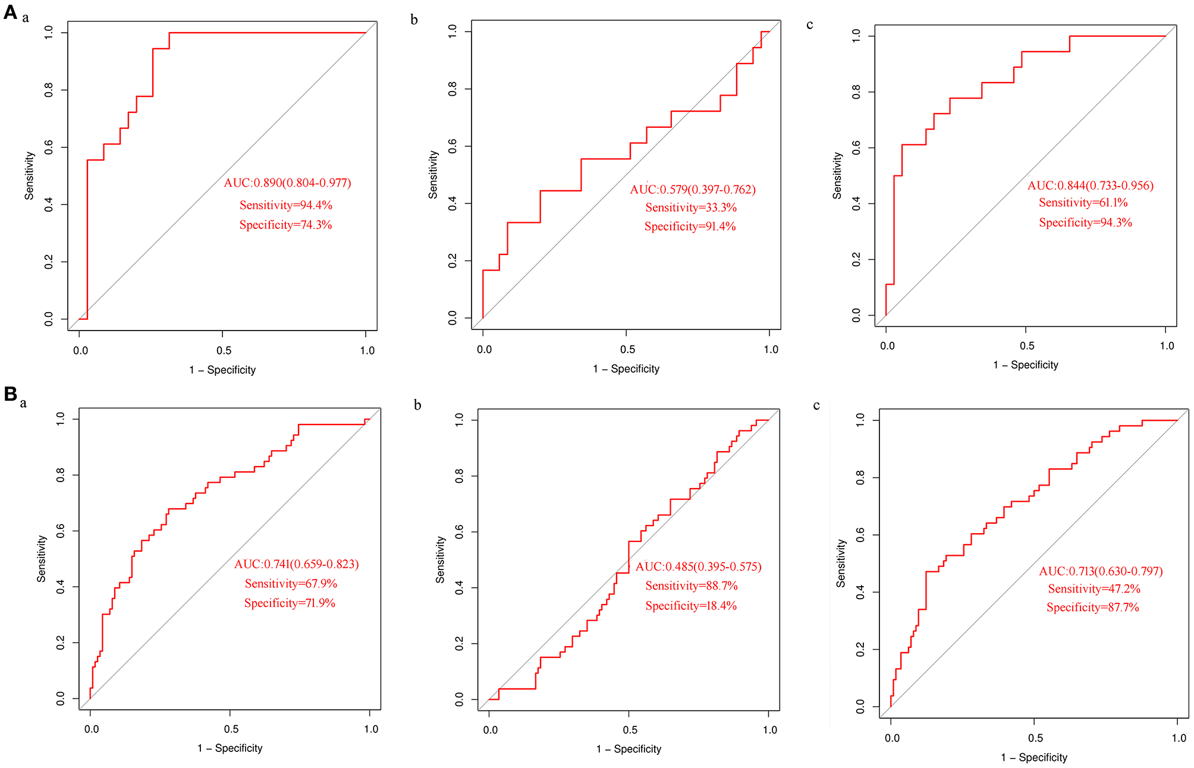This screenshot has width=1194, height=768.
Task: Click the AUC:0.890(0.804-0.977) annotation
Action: [x=287, y=183]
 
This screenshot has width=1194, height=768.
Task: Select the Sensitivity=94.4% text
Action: [x=285, y=205]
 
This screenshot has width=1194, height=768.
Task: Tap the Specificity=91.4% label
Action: [x=690, y=226]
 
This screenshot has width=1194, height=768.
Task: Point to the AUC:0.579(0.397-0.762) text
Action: [x=693, y=190]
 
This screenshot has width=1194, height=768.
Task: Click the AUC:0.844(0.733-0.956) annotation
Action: [x=1090, y=185]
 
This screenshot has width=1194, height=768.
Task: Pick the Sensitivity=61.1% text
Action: [x=1083, y=203]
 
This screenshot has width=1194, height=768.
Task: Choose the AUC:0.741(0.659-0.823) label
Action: [x=296, y=564]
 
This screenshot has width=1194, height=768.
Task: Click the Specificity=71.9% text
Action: [x=290, y=603]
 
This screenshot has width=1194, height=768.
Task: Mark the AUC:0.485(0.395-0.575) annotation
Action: [x=698, y=566]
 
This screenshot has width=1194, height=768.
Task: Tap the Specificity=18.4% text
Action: [x=691, y=606]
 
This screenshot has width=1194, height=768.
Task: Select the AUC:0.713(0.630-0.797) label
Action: [x=1101, y=571]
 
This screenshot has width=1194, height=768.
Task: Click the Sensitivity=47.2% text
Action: [x=1094, y=589]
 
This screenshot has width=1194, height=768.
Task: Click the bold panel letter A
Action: [x=10, y=12]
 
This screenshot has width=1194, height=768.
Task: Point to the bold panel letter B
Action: [x=10, y=394]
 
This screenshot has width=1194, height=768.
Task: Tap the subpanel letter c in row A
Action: [x=809, y=24]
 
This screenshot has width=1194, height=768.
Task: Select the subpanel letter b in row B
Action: [x=417, y=405]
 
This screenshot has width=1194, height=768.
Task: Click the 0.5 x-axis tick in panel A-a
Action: [x=224, y=351]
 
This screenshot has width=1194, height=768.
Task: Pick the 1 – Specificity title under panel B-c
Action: [x=1033, y=757]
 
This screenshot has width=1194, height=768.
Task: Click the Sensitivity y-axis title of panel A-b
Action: [x=433, y=174]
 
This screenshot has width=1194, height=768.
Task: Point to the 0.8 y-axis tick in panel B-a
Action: [x=61, y=475]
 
